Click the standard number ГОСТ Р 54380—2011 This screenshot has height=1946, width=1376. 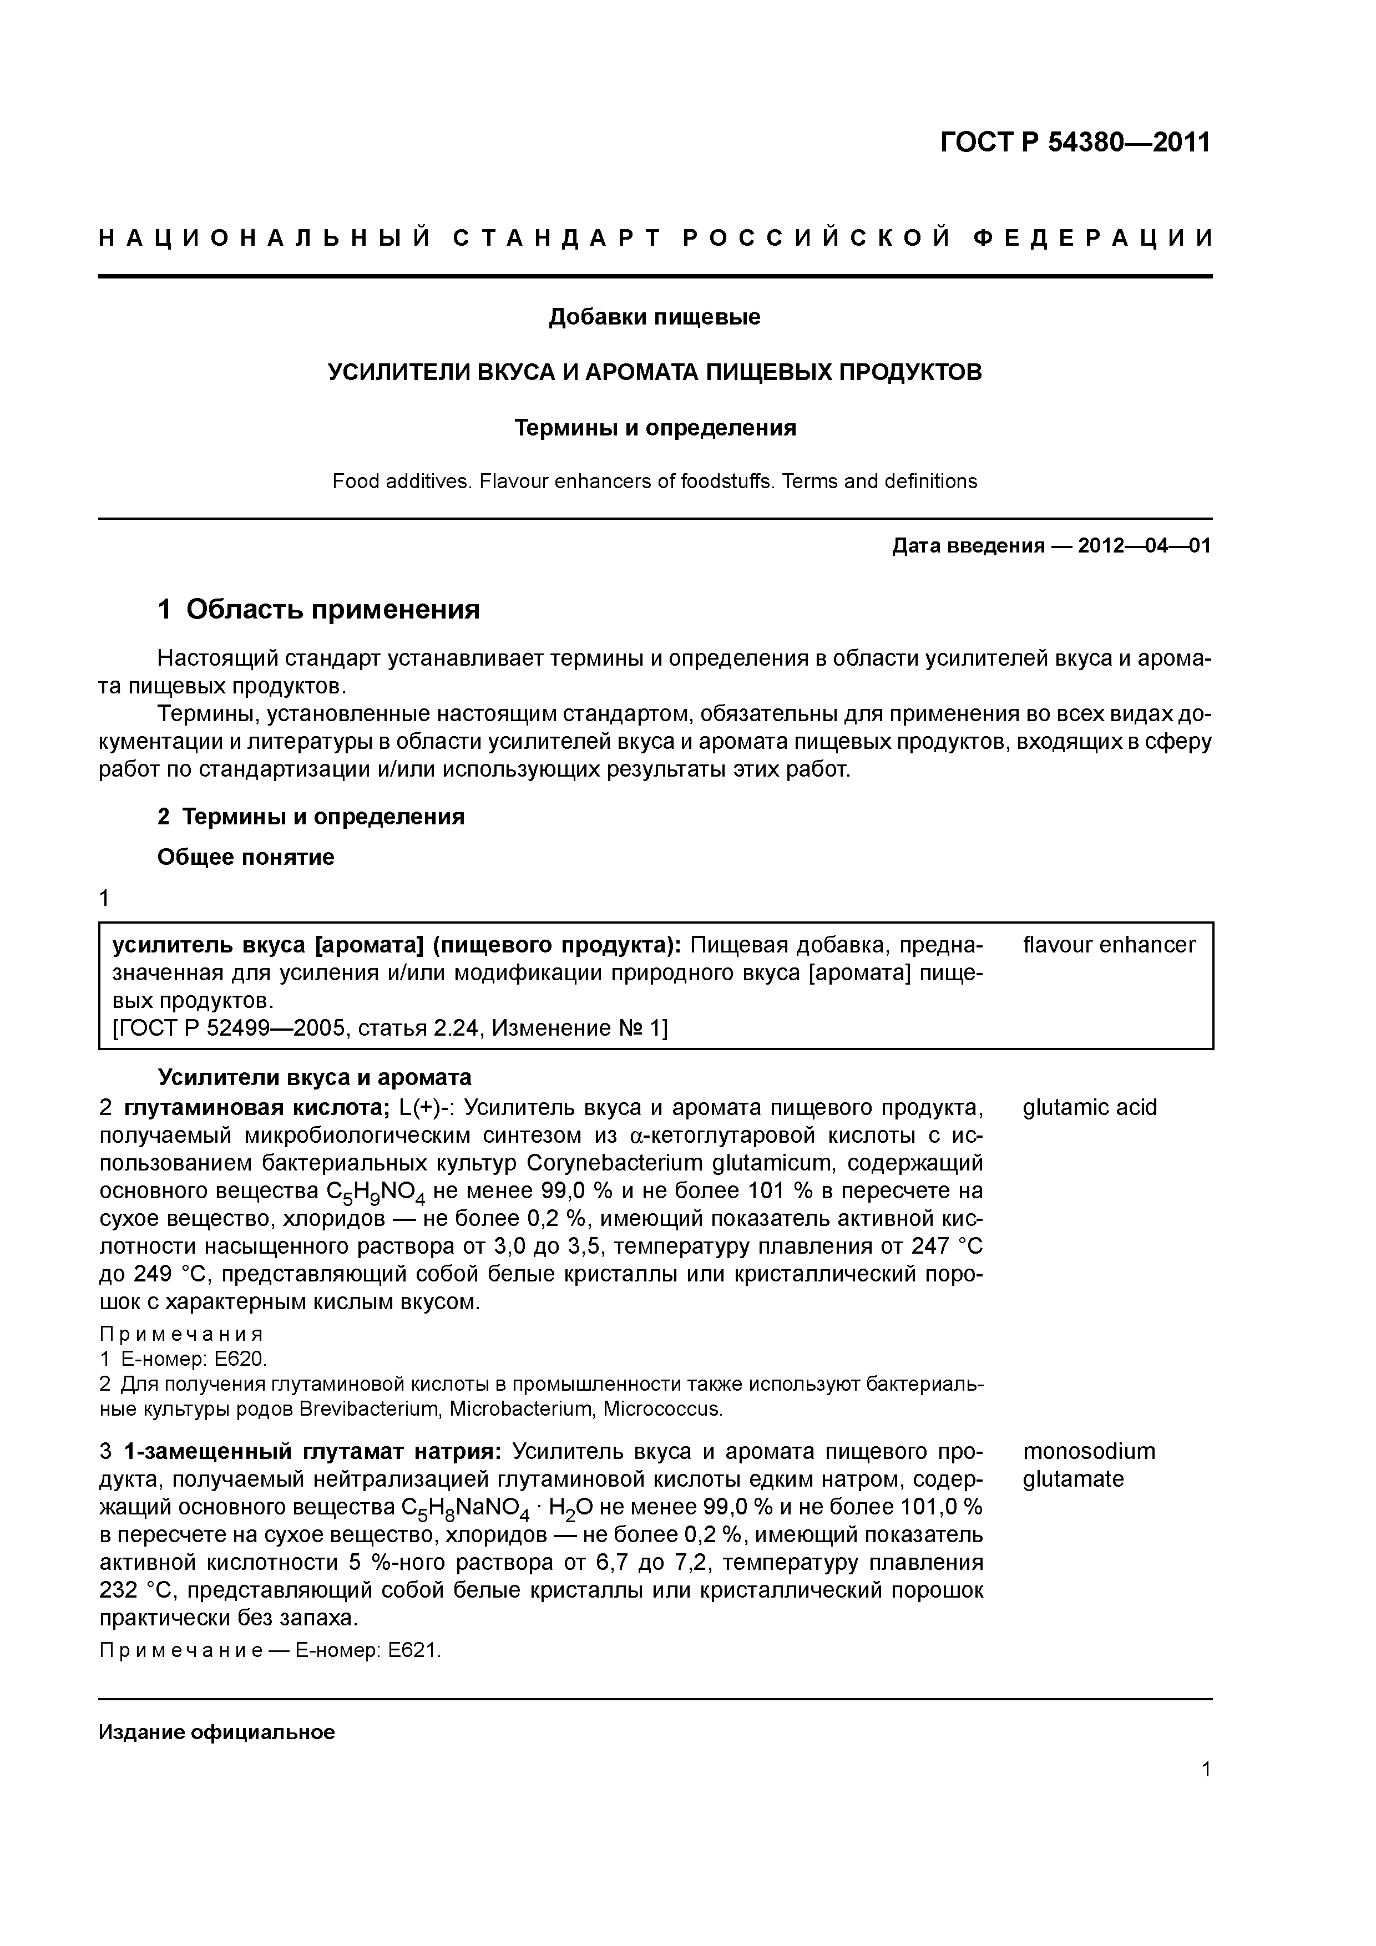1075,143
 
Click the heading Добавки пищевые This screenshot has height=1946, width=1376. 655,317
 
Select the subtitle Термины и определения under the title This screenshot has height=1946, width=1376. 655,428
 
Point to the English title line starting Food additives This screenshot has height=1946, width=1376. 655,482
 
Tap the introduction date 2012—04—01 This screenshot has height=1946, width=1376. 1144,546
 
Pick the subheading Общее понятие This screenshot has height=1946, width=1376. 246,857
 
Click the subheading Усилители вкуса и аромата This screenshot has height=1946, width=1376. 315,1077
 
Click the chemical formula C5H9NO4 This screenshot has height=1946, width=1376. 378,1192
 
